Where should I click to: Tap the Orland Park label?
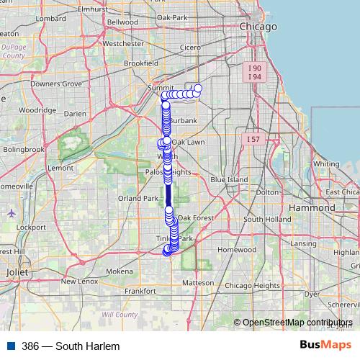pos(138,198)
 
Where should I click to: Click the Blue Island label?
pos(229,179)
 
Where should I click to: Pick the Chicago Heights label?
pos(252,285)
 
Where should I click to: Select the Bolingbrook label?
pos(23,149)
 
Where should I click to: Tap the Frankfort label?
pos(140,291)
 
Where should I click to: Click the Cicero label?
pos(191,48)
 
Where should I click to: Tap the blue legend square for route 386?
pos(9,346)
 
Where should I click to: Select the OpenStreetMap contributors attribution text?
pos(297,322)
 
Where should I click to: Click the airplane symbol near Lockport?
pos(12,213)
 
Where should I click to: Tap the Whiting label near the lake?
pos(326,163)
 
